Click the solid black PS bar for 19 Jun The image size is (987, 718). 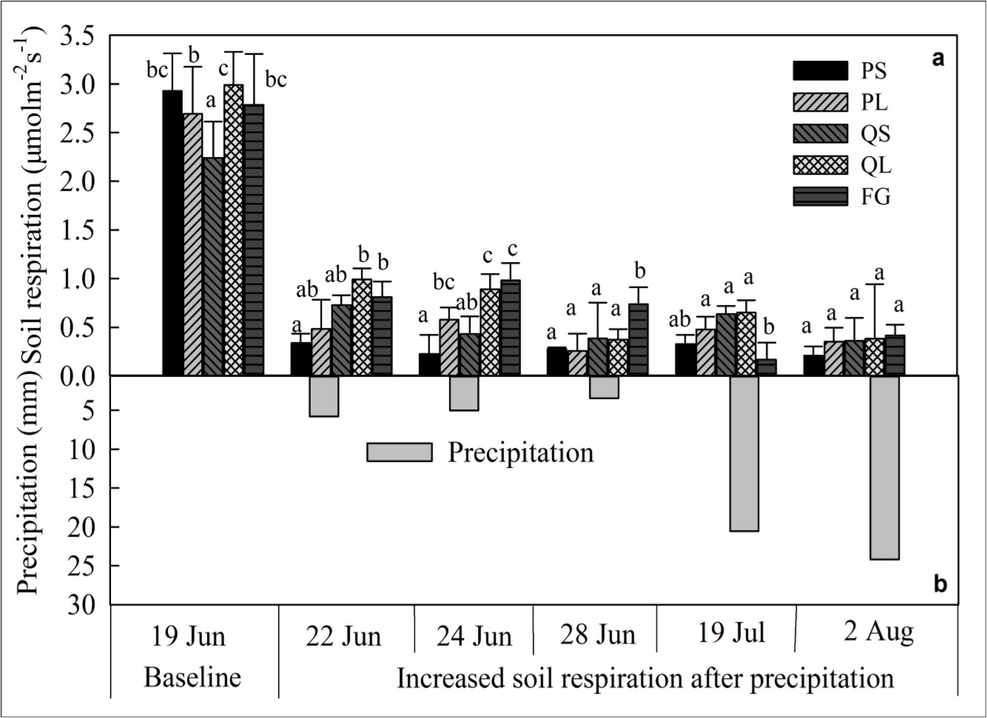(x=172, y=233)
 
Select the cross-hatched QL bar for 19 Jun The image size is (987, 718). (x=233, y=230)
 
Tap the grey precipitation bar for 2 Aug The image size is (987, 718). (x=884, y=467)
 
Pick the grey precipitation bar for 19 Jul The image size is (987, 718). (x=744, y=453)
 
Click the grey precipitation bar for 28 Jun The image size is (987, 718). (x=604, y=387)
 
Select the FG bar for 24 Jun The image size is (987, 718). (x=511, y=328)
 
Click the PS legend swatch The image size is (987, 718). (x=820, y=71)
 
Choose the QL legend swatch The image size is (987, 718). (x=820, y=165)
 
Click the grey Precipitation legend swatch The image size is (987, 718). (x=399, y=452)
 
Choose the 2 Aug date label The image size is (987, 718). (x=877, y=632)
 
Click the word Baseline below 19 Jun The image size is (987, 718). (x=192, y=677)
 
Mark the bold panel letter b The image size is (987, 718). (x=940, y=585)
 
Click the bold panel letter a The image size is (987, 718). (x=938, y=58)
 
